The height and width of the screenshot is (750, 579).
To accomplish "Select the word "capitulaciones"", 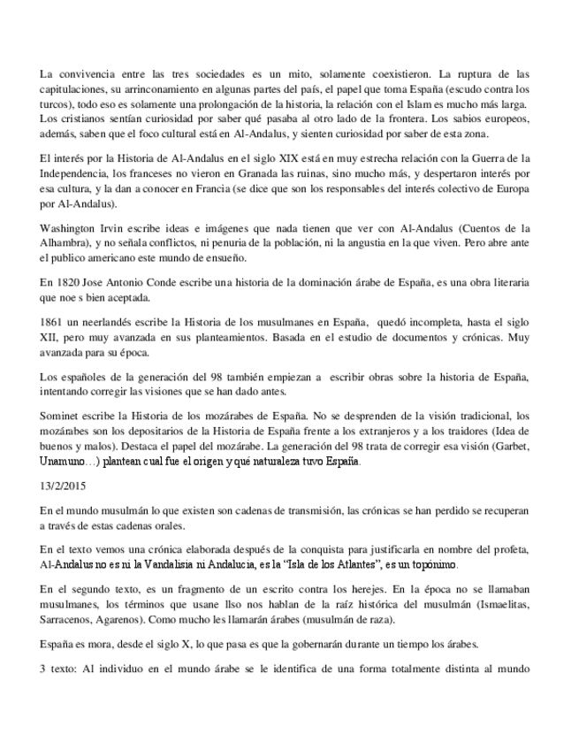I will coord(72,88).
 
